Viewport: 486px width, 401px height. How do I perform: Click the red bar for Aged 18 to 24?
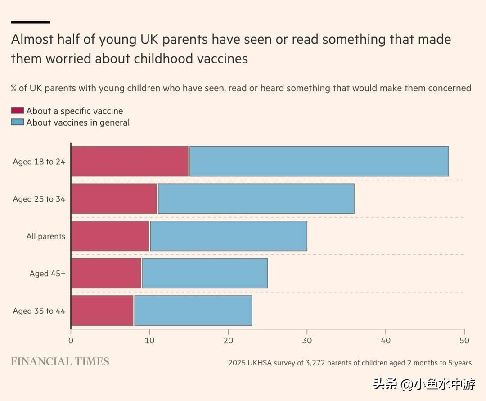coord(130,161)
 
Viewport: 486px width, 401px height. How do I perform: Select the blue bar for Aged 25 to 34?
coord(256,198)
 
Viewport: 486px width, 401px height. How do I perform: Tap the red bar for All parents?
coord(110,236)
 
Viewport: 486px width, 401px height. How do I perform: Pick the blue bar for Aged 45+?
coord(205,273)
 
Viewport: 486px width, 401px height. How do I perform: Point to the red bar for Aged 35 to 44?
coord(102,311)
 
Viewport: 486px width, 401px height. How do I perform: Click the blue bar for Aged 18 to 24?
coord(319,161)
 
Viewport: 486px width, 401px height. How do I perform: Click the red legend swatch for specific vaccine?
coord(17,111)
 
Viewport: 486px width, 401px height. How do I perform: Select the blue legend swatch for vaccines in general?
coord(17,122)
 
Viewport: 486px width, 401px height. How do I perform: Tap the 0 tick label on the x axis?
coord(71,341)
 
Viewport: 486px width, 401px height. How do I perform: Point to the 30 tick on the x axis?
coord(307,341)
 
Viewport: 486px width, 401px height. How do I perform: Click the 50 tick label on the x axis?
coord(464,341)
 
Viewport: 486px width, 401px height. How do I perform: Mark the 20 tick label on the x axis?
coord(228,341)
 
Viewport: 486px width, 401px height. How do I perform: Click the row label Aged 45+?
coord(47,274)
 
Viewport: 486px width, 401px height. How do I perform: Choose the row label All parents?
coord(45,236)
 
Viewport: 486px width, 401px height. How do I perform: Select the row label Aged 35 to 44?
coord(39,311)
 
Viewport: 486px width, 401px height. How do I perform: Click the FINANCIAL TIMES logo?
coord(60,362)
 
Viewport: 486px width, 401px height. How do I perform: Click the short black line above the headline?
coord(30,22)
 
